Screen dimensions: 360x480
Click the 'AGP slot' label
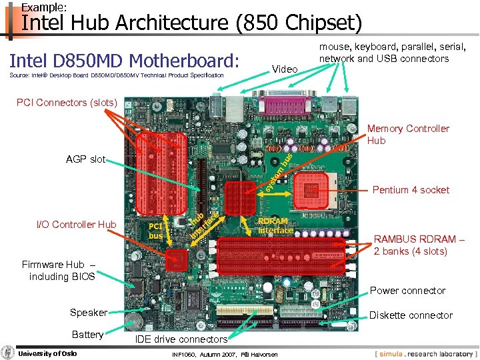tap(85, 159)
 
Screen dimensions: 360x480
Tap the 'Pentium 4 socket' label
tap(411, 190)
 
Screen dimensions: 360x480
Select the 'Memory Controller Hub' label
tap(408, 134)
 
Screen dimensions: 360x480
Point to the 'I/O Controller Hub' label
tap(76, 225)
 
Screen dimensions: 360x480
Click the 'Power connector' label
tap(407, 291)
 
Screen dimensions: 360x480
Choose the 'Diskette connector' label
tap(411, 315)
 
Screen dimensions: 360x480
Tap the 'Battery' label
tap(87, 335)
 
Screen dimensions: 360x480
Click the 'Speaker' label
tap(88, 313)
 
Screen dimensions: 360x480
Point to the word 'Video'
tap(285, 69)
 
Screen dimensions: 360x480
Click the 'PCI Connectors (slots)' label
tap(67, 103)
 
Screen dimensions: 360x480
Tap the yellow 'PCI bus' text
tap(155, 231)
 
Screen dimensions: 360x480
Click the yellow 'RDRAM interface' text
tap(275, 226)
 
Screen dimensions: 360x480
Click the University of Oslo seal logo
tap(7, 353)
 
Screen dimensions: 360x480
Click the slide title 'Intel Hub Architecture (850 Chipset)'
tap(192, 23)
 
